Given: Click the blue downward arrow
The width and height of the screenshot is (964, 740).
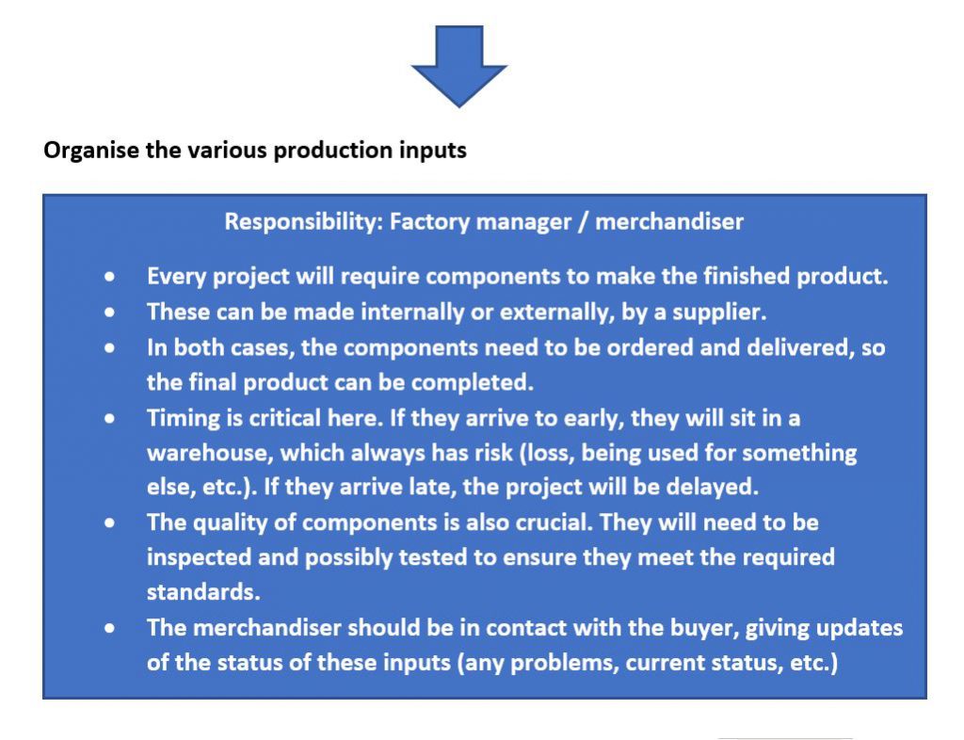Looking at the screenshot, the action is tap(458, 66).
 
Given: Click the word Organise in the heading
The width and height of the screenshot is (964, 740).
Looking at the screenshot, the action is tap(91, 151).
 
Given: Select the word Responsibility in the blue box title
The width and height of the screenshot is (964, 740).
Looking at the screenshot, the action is tap(304, 222).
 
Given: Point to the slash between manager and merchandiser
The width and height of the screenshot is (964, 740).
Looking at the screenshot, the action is tap(583, 222).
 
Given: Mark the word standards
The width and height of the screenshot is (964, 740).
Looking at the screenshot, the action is tap(203, 592).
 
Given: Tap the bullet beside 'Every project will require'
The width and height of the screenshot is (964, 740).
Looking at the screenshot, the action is tap(109, 277).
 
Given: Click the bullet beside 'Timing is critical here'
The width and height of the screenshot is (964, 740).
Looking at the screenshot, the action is tap(109, 419).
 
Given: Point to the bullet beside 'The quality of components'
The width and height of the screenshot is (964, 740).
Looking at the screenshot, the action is tap(109, 523).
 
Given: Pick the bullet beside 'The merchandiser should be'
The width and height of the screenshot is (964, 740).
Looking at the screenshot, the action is tap(109, 628).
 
